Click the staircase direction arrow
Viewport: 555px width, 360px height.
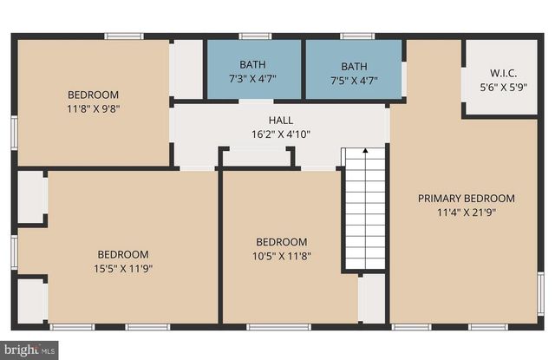pyautogui.click(x=364, y=154)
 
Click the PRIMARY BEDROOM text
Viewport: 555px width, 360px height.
pyautogui.click(x=466, y=198)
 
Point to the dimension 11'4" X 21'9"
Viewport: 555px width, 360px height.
pyautogui.click(x=466, y=211)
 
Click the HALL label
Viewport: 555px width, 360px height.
pyautogui.click(x=280, y=121)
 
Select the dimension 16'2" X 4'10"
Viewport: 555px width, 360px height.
pyautogui.click(x=280, y=134)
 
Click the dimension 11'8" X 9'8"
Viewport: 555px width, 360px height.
pyautogui.click(x=93, y=108)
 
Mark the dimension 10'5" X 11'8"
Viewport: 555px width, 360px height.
pyautogui.click(x=280, y=256)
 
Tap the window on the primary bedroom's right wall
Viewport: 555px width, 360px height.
pyautogui.click(x=541, y=295)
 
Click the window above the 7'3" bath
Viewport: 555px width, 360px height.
pyautogui.click(x=252, y=36)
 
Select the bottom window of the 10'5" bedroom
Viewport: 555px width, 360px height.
pyautogui.click(x=278, y=327)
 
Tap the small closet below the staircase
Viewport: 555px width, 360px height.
pyautogui.click(x=372, y=299)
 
